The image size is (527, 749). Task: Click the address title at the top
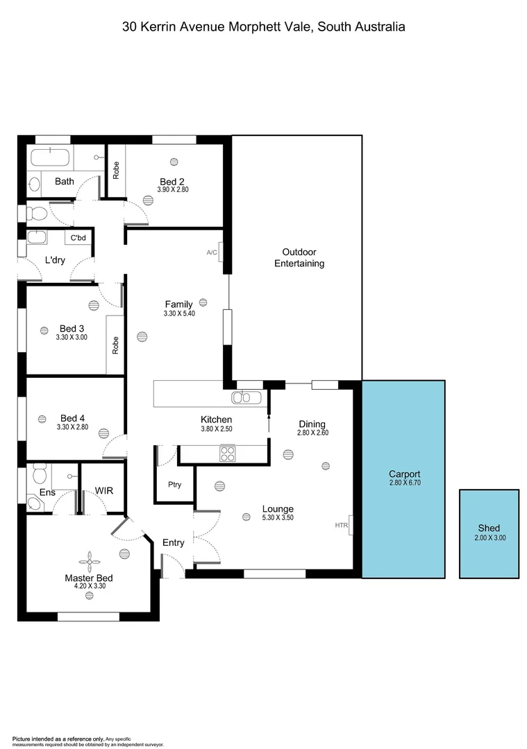point(263,27)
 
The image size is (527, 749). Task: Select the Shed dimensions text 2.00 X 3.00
point(489,537)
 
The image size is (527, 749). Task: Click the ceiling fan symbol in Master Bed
point(89,559)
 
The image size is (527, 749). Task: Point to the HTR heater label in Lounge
point(341,526)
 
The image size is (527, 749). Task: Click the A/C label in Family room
point(212,252)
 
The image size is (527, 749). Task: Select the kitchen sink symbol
point(246,397)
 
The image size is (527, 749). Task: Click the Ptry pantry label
point(174,485)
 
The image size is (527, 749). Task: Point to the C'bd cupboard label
point(78,238)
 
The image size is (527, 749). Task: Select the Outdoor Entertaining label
point(299,257)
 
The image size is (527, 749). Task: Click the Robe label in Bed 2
point(116,171)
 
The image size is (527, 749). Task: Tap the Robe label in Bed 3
point(116,345)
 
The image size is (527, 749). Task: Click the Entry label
point(173,542)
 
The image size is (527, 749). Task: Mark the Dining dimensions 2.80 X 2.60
point(312,433)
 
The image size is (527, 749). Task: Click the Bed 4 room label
point(72,418)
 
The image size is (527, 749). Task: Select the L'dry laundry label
point(54,260)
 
